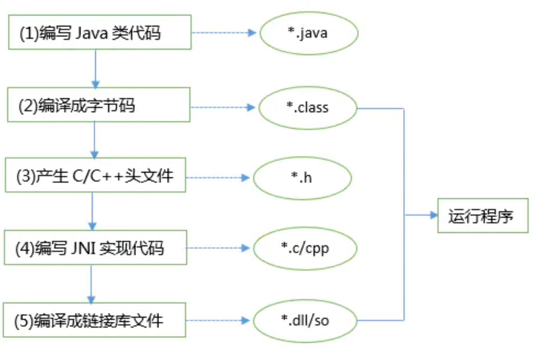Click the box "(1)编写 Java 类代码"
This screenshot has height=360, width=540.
tap(100, 32)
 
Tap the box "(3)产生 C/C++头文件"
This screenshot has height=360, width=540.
tap(95, 175)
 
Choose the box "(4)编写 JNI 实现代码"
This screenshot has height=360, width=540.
tap(95, 247)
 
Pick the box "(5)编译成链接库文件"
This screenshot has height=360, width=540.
tap(94, 320)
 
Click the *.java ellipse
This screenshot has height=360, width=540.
tap(309, 33)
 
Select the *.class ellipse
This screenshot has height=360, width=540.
tap(308, 108)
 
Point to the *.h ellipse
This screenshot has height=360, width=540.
tap(302, 178)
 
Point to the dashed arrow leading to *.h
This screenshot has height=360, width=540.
tap(218, 178)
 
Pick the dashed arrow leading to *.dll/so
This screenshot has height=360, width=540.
tap(218, 321)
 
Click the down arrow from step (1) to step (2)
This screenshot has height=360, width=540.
tap(95, 68)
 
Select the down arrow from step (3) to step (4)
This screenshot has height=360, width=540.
tap(93, 211)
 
